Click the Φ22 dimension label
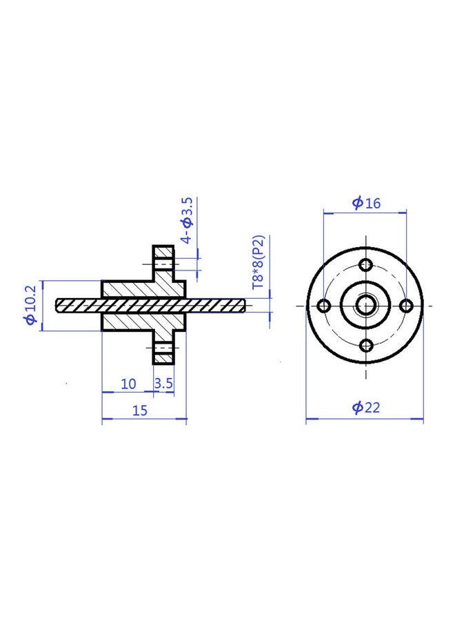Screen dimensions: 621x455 tap(366, 407)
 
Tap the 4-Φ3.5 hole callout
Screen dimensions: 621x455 tap(186, 220)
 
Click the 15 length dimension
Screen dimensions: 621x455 tap(140, 410)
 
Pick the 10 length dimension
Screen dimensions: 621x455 tap(128, 384)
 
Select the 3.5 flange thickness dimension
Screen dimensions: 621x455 tap(163, 384)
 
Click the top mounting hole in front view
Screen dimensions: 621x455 tap(366, 265)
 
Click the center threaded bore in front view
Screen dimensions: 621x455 tap(366, 305)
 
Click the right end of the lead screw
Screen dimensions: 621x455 tap(243, 304)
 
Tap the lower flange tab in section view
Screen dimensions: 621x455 tap(163, 349)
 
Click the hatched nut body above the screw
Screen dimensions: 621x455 tap(131, 289)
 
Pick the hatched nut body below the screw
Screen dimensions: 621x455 tap(131, 321)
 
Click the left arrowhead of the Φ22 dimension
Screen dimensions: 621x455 tap(310, 417)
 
